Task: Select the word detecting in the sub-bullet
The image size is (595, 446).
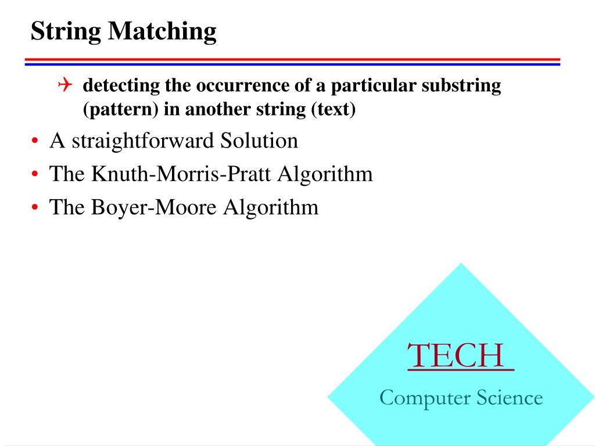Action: [121, 86]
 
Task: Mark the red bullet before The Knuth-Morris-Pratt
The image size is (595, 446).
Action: [36, 175]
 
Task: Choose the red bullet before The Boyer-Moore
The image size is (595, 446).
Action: [36, 208]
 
